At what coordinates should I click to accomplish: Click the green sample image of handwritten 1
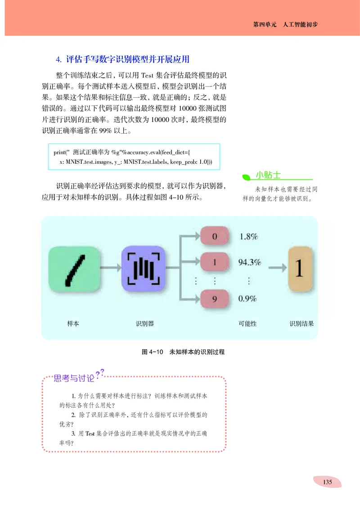(74, 269)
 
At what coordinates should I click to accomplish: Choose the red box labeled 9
(215, 298)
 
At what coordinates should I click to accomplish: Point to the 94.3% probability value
(249, 262)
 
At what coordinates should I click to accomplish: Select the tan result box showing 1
(299, 269)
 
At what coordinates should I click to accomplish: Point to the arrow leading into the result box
(278, 269)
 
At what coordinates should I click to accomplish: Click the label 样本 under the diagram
(73, 324)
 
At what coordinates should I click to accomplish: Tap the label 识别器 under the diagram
(144, 324)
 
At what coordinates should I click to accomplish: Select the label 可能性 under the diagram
(248, 324)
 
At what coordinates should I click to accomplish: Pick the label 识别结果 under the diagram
(301, 324)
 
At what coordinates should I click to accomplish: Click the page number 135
(327, 482)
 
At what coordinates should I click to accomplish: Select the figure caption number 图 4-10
(152, 352)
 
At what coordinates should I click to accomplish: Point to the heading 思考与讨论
(74, 378)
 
